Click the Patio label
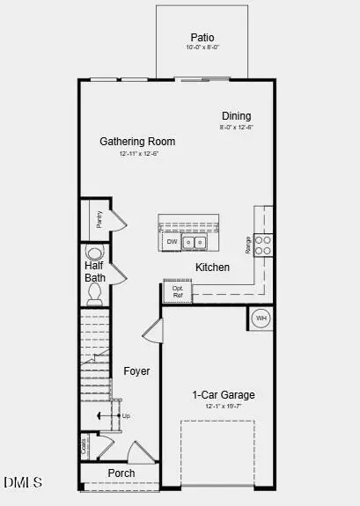click(202, 37)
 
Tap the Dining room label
click(236, 115)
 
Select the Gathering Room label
click(137, 141)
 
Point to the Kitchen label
click(213, 267)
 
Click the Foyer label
click(136, 371)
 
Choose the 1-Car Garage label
click(224, 395)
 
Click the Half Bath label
click(95, 271)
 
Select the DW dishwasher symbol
click(171, 241)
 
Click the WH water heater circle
click(261, 318)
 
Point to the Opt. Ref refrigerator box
click(177, 291)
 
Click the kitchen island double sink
click(194, 241)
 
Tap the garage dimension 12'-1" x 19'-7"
click(224, 407)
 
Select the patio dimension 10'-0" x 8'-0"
click(202, 48)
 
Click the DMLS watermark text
click(24, 482)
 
